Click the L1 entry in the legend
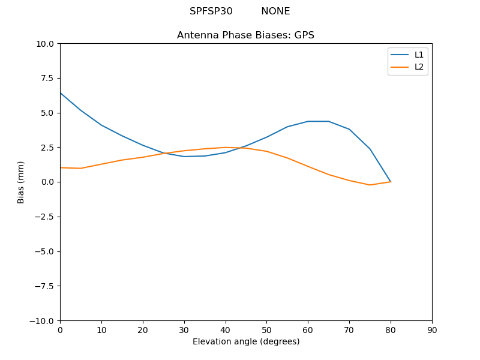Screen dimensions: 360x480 (419, 55)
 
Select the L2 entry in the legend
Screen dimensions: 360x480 (419, 67)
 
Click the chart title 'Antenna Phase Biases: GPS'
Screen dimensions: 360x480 (245, 35)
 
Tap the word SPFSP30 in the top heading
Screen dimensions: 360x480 (211, 11)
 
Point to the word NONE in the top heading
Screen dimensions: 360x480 (275, 11)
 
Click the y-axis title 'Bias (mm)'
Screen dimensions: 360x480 (21, 182)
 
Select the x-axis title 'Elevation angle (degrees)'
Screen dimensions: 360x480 (246, 342)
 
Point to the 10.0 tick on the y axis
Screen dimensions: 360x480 (45, 44)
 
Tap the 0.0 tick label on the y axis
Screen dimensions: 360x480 (47, 182)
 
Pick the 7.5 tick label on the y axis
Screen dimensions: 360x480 (47, 78)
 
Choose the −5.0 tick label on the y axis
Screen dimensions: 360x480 (44, 251)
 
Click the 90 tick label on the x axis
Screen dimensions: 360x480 (432, 331)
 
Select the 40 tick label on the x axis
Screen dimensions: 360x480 (226, 331)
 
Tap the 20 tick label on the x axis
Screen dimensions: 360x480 (143, 331)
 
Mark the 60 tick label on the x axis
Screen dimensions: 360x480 (308, 331)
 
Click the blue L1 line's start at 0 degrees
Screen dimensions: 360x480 (60, 92)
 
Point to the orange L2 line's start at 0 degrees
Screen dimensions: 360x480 (60, 167)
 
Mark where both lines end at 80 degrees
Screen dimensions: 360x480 (391, 182)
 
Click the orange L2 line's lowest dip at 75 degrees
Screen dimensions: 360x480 (370, 185)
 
